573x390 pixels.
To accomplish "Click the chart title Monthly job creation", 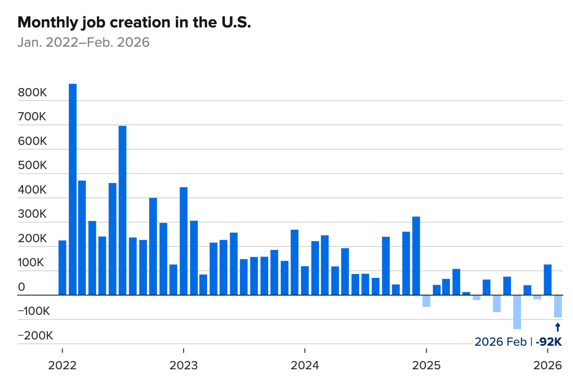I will [x=134, y=23].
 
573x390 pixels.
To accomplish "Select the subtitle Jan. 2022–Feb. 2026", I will [x=83, y=42].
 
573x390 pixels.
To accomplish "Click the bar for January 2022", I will [x=63, y=268].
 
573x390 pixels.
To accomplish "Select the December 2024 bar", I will [x=416, y=256].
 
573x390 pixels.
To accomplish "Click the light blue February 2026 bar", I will [x=558, y=306].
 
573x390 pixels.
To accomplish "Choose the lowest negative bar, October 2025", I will [x=517, y=312].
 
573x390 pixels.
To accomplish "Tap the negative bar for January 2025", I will [x=426, y=301].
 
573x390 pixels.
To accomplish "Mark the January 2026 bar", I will [x=547, y=280].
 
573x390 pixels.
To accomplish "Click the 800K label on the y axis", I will [x=32, y=93].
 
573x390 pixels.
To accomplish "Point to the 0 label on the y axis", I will [x=22, y=287].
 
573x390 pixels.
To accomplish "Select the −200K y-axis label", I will [x=35, y=336].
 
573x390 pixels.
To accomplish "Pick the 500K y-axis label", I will [x=32, y=166].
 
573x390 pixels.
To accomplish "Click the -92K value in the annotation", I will [x=549, y=341].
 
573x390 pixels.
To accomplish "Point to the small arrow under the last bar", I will [x=558, y=327].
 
